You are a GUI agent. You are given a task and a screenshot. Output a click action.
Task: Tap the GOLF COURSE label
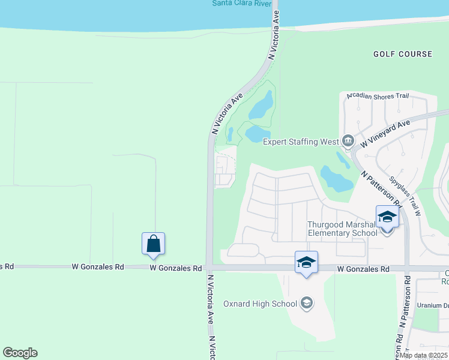(x=402, y=54)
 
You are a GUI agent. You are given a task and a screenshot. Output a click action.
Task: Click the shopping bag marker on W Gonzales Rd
(x=153, y=243)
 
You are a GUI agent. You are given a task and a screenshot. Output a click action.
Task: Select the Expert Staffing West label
(x=301, y=142)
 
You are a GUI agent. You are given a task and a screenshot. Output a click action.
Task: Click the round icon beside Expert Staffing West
(x=348, y=142)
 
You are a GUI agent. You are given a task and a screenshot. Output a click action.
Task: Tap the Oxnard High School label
(x=260, y=304)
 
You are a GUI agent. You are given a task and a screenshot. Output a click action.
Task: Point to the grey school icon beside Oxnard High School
(x=307, y=303)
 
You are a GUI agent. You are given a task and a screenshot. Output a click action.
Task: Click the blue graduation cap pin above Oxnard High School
(x=306, y=262)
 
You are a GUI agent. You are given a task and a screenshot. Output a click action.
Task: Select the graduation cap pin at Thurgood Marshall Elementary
(x=387, y=217)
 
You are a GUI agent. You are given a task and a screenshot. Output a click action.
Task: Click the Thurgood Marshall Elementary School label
(x=342, y=229)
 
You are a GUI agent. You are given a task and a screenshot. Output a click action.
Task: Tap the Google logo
(x=20, y=353)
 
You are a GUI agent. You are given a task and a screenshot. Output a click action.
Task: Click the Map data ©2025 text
(x=423, y=355)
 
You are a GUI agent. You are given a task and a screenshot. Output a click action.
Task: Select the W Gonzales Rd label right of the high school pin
(x=363, y=269)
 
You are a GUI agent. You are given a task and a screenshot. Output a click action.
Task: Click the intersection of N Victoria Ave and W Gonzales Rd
(x=209, y=267)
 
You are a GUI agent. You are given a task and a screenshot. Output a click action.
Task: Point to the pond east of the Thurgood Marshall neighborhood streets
(x=336, y=178)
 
